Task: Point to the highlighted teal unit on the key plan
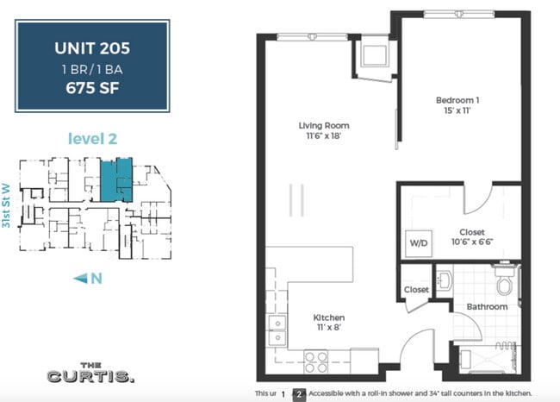115,179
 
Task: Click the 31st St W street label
8,208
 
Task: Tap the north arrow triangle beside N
80,277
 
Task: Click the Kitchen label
329,317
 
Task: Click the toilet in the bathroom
505,281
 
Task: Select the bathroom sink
444,280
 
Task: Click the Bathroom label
487,306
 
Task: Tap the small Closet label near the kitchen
415,290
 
